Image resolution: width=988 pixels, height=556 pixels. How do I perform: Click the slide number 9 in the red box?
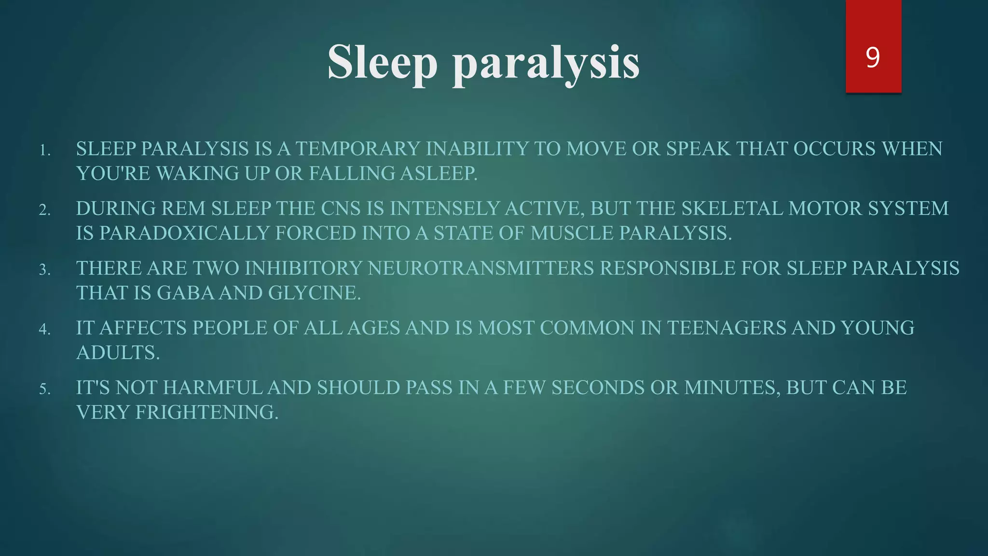coord(873,58)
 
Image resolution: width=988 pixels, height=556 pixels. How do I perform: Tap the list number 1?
coord(44,151)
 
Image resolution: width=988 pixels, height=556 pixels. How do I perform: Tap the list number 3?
coord(44,270)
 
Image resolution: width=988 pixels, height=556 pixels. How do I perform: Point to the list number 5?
coord(44,389)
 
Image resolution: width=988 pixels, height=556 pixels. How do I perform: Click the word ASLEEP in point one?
coord(438,173)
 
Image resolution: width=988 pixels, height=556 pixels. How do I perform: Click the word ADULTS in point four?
coord(117,353)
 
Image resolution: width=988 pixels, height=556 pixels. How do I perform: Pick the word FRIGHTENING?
coord(206,412)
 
